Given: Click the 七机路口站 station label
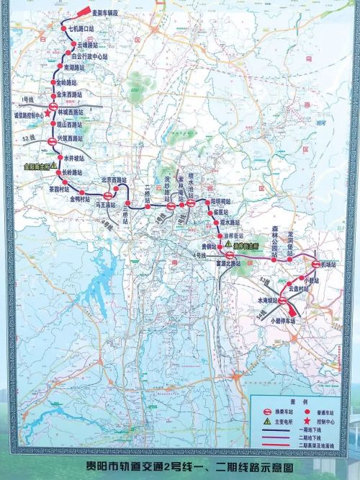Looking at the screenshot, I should (81, 28).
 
